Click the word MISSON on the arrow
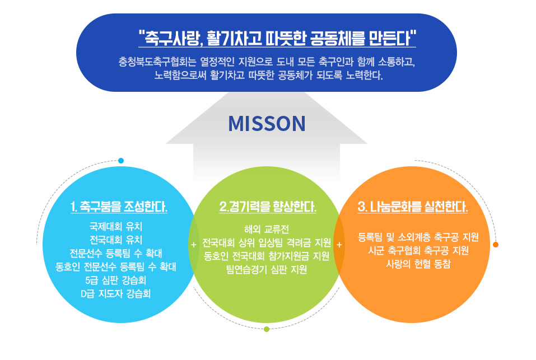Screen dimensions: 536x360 pos(267,124)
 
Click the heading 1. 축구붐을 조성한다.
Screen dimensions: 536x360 pos(119,207)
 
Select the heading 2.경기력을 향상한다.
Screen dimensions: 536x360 pos(268,207)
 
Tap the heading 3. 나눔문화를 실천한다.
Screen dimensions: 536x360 pos(413,207)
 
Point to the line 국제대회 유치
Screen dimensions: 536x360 pos(116,226)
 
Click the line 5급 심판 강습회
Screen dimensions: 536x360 pos(116,280)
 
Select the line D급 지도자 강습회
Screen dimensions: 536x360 pos(116,293)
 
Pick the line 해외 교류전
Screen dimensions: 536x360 pos(267,229)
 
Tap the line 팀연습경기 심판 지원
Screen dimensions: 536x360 pos(267,269)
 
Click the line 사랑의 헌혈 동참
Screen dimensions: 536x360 pos(418,264)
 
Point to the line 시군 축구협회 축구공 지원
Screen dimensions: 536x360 pos(418,251)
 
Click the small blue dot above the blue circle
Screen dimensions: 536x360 pos(120,161)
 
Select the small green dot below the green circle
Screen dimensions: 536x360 pos(267,329)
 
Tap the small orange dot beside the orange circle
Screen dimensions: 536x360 pos(496,245)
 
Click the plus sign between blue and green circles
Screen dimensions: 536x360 pos(194,245)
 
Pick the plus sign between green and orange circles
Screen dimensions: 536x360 pos(339,245)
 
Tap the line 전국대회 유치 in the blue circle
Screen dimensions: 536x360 pos(116,240)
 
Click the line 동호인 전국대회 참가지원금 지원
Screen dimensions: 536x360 pos(267,256)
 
